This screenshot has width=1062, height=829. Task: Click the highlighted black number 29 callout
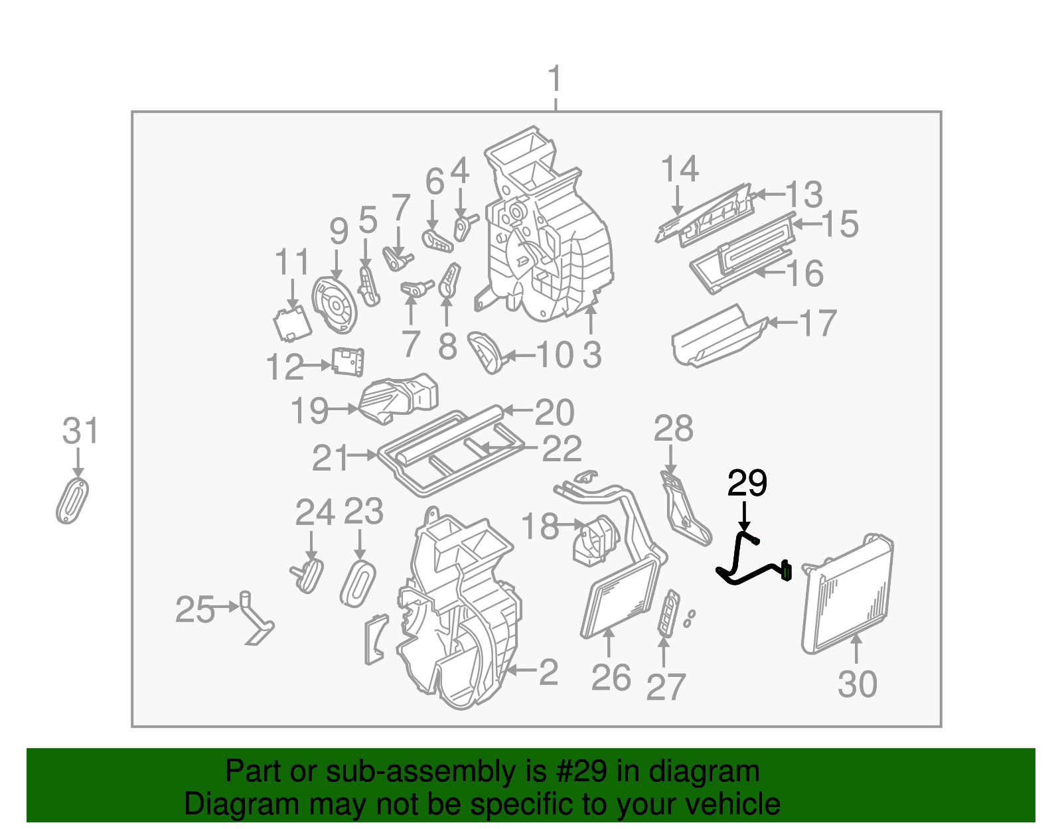point(747,483)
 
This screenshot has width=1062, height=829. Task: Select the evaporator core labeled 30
point(848,594)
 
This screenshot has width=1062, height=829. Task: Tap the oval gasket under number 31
point(72,500)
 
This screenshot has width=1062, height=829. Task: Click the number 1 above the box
point(555,80)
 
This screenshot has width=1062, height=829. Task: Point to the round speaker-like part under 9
point(335,305)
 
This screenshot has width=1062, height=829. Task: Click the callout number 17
point(818,324)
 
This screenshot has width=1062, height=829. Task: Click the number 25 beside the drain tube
point(194,609)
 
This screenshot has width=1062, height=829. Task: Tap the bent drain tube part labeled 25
point(256,621)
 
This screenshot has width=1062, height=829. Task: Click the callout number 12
point(284,367)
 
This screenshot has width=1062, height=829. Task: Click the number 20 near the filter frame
point(554,413)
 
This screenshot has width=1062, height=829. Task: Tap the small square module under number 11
point(292,323)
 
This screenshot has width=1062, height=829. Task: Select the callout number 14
point(680,169)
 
